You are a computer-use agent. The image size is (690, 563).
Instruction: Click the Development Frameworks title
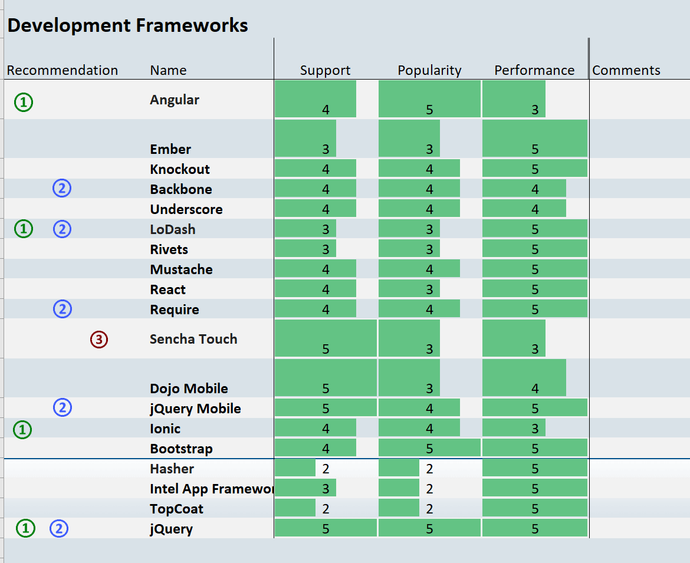(127, 25)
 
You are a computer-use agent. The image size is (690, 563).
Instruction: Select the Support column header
(325, 70)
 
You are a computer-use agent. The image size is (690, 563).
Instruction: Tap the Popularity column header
(429, 70)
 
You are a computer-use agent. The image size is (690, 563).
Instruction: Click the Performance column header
(534, 70)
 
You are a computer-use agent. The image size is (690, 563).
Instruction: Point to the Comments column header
(626, 70)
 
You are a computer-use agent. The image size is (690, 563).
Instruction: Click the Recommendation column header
(63, 70)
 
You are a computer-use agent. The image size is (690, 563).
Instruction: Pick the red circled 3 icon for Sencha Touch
(99, 340)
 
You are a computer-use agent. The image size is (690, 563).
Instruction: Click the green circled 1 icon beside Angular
(24, 103)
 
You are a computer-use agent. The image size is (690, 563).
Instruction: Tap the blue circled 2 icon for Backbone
(62, 189)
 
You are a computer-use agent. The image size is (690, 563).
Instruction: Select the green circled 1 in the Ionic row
(22, 430)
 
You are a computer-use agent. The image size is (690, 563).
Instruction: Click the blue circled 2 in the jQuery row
(59, 529)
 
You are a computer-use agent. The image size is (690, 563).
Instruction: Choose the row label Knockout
(180, 169)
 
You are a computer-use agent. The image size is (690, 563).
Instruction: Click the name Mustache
(181, 269)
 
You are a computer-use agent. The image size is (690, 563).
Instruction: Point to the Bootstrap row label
(181, 449)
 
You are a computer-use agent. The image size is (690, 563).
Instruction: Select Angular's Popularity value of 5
(429, 109)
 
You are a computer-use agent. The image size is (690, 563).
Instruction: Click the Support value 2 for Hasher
(326, 469)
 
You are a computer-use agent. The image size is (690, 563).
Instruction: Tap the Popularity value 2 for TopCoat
(429, 509)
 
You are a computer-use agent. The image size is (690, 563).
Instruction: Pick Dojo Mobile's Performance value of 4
(535, 388)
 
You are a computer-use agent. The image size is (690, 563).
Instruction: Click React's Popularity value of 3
(429, 289)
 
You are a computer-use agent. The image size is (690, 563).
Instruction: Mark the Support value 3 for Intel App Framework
(326, 489)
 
